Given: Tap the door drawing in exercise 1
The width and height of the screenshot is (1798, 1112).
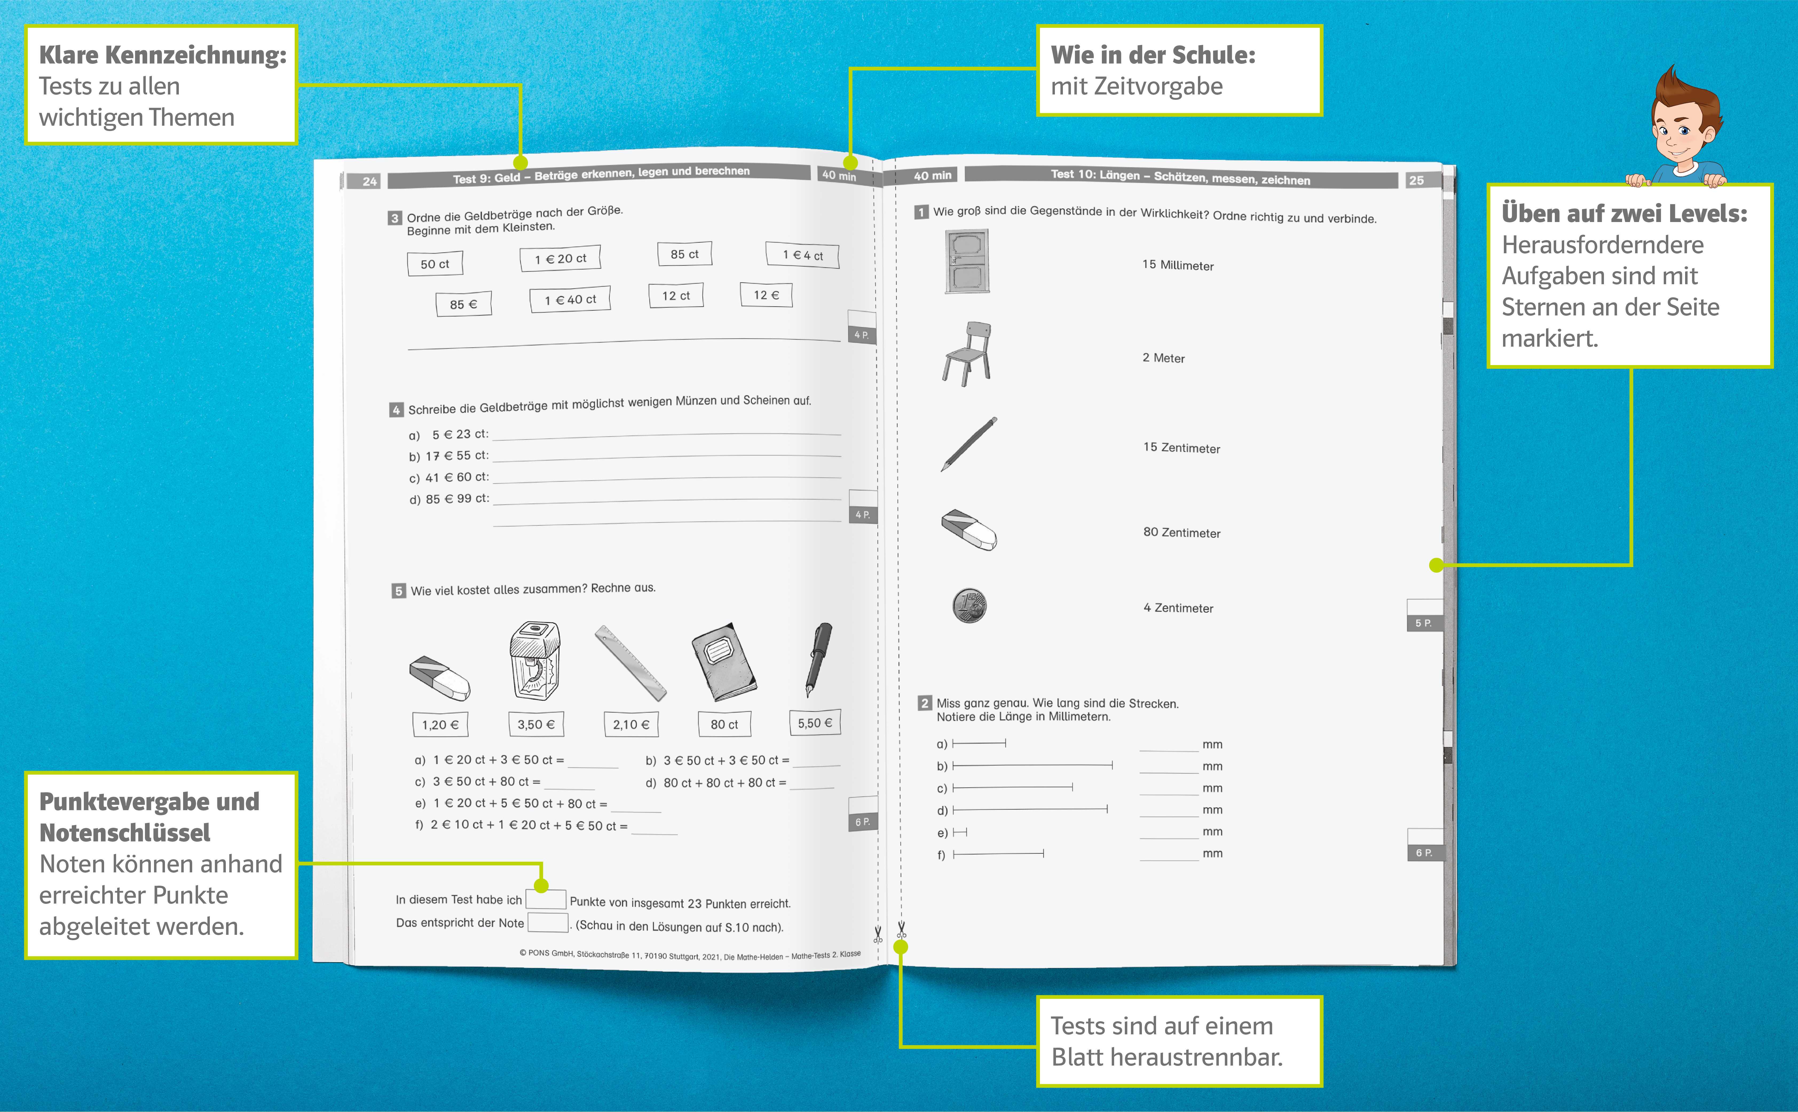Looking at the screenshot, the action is click(x=967, y=261).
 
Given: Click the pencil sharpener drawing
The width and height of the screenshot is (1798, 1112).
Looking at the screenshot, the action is click(x=535, y=660).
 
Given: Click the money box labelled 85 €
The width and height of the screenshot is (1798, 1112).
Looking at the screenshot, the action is click(x=463, y=304).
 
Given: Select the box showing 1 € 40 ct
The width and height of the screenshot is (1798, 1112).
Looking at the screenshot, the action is click(x=570, y=299).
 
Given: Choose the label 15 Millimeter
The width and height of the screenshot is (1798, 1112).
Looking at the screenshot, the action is click(x=1178, y=265).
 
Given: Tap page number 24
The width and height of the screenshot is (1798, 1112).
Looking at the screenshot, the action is click(x=369, y=181).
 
